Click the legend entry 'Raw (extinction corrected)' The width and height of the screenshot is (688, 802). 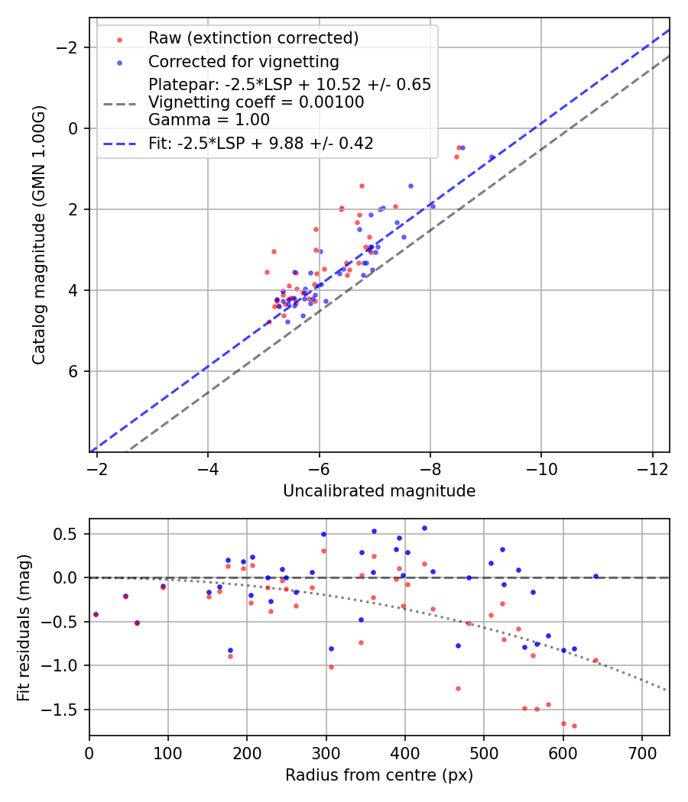tap(253, 38)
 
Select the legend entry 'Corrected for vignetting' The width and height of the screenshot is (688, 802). tap(243, 61)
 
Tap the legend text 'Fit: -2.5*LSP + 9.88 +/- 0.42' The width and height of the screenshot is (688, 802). tap(261, 144)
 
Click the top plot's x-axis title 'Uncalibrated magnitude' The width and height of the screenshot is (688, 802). tap(379, 491)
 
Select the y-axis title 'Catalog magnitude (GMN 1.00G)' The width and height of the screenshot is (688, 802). tap(39, 234)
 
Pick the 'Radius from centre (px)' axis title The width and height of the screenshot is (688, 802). tap(379, 775)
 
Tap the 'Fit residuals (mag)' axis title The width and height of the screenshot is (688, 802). tap(24, 627)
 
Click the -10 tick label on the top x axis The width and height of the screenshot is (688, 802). tap(541, 469)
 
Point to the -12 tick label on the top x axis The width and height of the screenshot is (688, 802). tap(652, 469)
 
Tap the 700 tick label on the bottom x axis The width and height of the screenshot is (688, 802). tap(642, 753)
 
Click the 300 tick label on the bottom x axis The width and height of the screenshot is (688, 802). tap(326, 753)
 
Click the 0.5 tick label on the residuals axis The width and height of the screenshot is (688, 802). tap(69, 534)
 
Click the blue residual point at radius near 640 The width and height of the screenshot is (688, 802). tap(596, 576)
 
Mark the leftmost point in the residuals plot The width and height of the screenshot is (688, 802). tap(96, 614)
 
